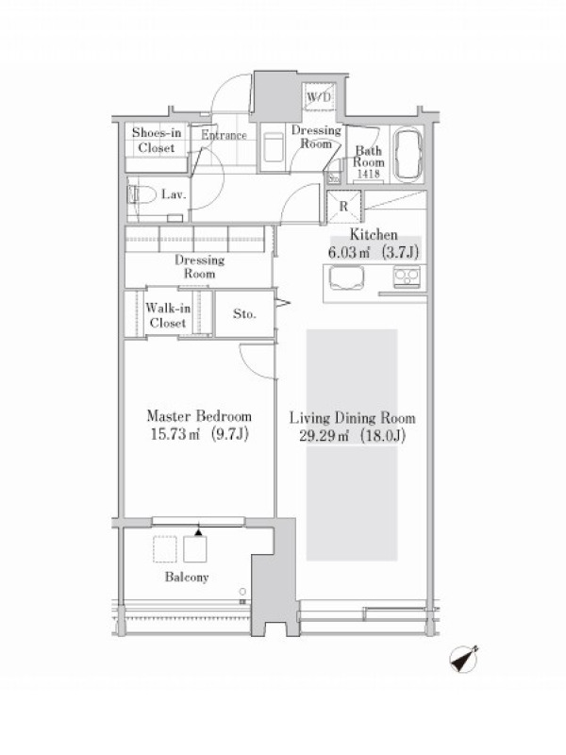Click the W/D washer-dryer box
click(319, 97)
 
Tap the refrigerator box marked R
click(343, 207)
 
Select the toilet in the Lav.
click(141, 195)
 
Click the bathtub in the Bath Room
click(408, 154)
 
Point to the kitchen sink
click(346, 278)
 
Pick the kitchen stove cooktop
click(408, 277)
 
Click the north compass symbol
click(464, 659)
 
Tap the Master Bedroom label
click(199, 416)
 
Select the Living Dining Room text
click(352, 418)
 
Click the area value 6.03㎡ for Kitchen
click(348, 252)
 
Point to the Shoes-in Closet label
click(157, 140)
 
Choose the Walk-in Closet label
click(168, 315)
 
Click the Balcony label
click(187, 577)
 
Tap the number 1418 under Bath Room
click(369, 175)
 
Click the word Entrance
click(224, 135)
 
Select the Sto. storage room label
click(244, 314)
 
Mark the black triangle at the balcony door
click(198, 532)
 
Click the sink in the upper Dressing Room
click(274, 148)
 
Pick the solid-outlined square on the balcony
click(195, 549)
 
